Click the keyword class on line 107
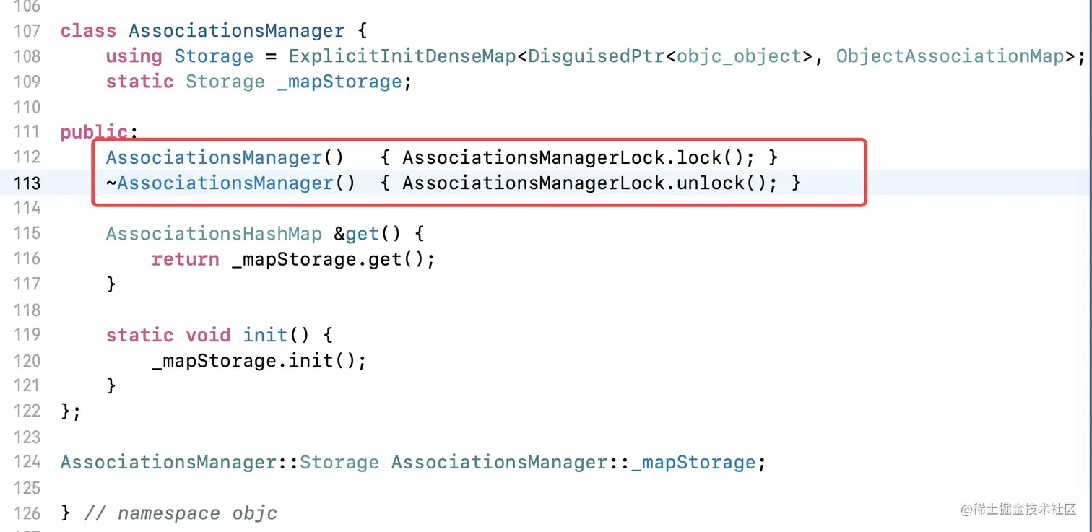(89, 31)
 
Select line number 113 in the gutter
(27, 183)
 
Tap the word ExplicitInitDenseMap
(402, 56)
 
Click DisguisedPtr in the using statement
(597, 56)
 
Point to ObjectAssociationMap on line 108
(950, 56)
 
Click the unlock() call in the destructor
(722, 183)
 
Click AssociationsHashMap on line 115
(214, 234)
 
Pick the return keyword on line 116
(186, 259)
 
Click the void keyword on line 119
(209, 336)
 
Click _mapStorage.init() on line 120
(259, 361)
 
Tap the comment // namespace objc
(181, 513)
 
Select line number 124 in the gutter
(27, 462)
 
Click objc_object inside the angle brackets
(740, 56)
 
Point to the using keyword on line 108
(134, 56)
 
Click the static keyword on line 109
(140, 82)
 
